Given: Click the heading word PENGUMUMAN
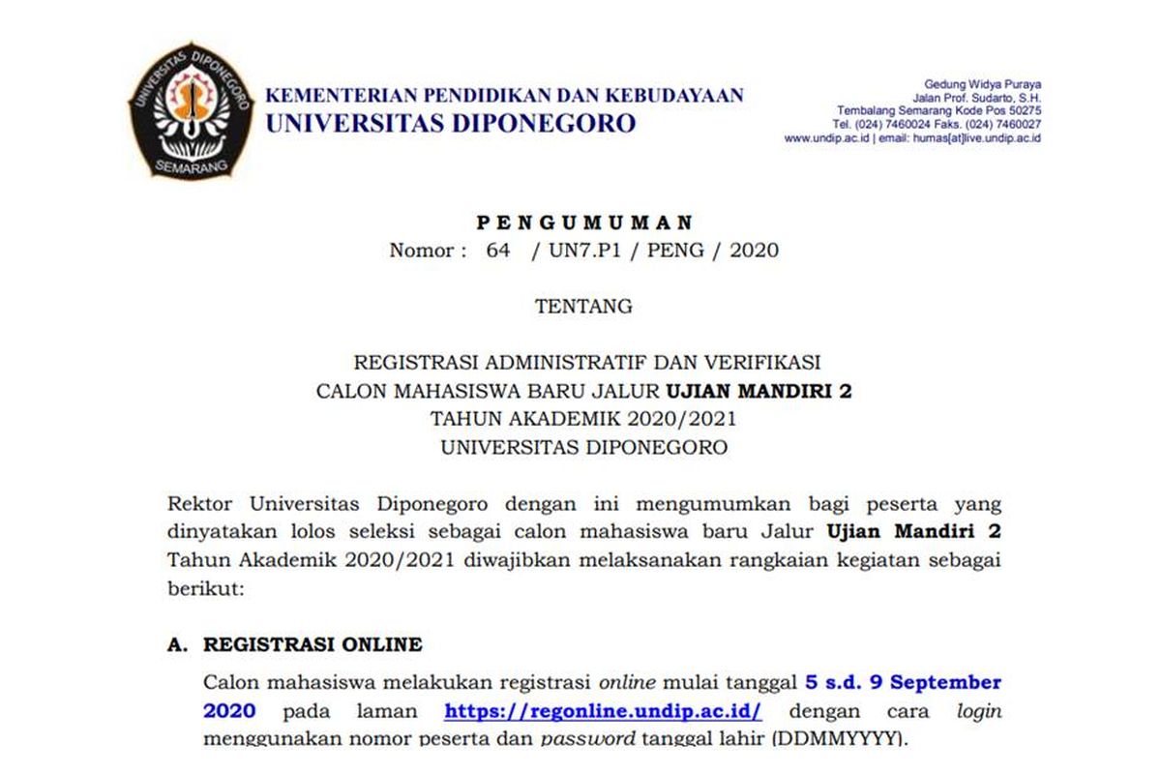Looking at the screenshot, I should coord(584,223).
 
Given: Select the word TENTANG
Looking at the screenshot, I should coord(583,307).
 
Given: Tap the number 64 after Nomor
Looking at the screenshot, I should coord(498,251).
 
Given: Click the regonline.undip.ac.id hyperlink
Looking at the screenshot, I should coord(604,711).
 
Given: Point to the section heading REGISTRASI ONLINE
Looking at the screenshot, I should coord(313,644).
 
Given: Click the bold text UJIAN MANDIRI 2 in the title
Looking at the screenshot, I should coord(759,391).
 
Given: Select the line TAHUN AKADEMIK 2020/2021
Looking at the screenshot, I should coord(583,419).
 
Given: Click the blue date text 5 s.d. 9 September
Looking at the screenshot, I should coord(903,682).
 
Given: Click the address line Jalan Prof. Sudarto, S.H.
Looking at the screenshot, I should coord(976,98).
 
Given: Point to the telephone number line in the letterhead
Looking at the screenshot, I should coord(937,125).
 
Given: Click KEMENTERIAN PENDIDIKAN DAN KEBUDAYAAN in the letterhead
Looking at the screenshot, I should coord(504,96).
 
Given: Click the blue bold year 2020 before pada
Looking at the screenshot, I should coord(229,711).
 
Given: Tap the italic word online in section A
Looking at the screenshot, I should coord(627,682).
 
